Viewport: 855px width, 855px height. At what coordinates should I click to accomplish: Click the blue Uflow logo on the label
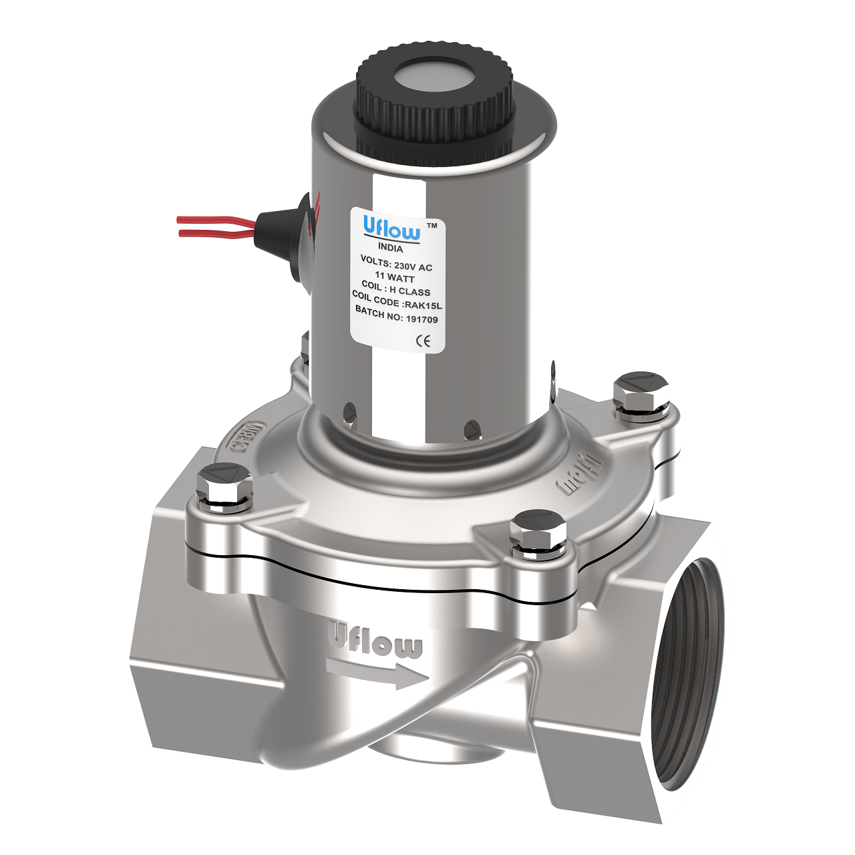(x=391, y=227)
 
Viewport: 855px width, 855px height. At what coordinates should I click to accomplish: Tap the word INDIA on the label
(x=391, y=248)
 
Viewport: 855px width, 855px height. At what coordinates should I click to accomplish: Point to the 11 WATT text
(x=394, y=277)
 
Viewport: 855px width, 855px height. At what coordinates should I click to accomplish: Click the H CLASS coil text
(x=409, y=291)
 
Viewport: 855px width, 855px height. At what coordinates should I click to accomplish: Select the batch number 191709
(x=421, y=319)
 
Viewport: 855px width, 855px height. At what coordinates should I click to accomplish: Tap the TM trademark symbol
(x=432, y=226)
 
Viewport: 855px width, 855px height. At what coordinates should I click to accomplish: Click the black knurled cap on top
(x=434, y=100)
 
